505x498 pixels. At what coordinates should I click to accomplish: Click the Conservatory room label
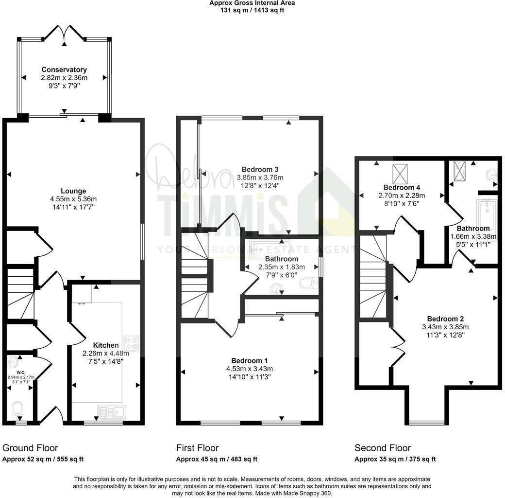click(64, 70)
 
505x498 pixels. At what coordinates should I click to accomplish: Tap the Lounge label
click(73, 191)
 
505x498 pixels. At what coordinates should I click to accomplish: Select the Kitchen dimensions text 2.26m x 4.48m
click(105, 353)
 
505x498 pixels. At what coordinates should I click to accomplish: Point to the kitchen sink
click(111, 411)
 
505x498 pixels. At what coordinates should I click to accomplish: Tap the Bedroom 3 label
click(260, 169)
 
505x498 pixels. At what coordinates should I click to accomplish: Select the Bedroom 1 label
click(249, 360)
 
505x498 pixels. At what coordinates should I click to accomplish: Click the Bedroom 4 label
click(402, 187)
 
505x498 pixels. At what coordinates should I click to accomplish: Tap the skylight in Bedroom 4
click(400, 172)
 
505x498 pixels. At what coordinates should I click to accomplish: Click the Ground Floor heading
click(30, 448)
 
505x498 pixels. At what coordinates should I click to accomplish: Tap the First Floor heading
click(197, 448)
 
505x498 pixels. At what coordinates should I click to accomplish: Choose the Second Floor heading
click(383, 448)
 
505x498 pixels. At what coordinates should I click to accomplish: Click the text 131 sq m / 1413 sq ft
click(252, 10)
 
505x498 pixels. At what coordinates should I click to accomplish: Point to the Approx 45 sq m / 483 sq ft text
click(217, 459)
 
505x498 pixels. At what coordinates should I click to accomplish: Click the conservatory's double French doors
click(64, 34)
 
